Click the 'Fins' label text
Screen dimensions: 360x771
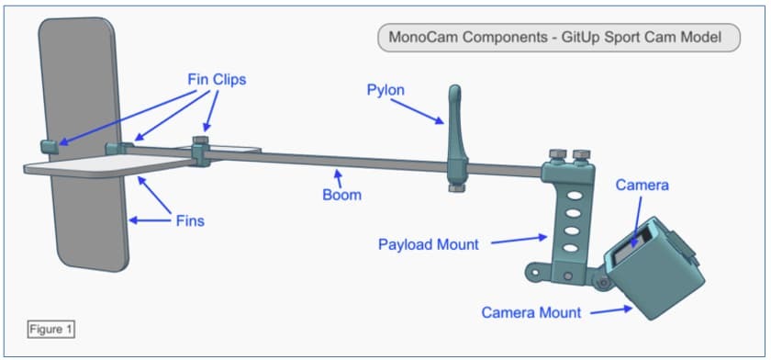pos(189,220)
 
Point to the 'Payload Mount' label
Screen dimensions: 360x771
pos(428,245)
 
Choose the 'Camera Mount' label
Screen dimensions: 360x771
pos(531,312)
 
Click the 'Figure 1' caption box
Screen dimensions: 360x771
pos(51,327)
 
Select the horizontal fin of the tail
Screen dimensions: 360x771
pos(110,165)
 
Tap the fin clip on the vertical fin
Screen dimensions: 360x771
pos(50,144)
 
